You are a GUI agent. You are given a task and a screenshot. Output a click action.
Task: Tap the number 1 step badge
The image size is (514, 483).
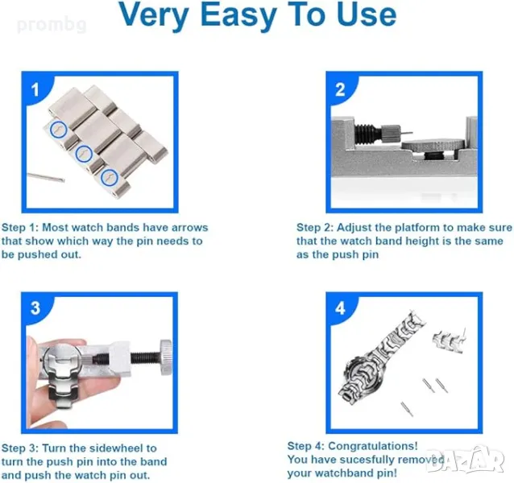click(35, 89)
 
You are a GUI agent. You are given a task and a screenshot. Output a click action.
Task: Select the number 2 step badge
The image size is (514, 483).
click(340, 89)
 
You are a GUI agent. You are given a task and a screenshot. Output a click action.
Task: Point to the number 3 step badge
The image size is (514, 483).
click(35, 308)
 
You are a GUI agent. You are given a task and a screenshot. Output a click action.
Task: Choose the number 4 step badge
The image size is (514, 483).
click(340, 308)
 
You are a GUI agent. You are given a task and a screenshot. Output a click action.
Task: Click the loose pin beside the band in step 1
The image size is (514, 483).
click(46, 177)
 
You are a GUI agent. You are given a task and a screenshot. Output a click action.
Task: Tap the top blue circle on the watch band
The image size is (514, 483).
click(59, 129)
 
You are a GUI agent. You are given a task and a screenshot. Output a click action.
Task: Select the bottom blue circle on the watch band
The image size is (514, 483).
click(110, 177)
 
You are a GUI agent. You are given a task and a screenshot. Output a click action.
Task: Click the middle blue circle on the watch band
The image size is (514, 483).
click(84, 153)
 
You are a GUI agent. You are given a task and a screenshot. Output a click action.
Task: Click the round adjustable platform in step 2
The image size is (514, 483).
click(433, 144)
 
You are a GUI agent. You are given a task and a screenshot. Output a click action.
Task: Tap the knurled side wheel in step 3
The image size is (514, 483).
click(166, 357)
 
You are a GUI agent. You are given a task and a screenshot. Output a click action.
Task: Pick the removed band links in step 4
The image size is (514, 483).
click(448, 341)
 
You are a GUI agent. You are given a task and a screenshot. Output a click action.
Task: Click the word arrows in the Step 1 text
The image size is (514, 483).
click(190, 227)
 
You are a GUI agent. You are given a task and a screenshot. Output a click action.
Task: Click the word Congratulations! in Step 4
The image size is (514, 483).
click(373, 446)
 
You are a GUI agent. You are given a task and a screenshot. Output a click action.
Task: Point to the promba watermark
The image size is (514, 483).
click(52, 25)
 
